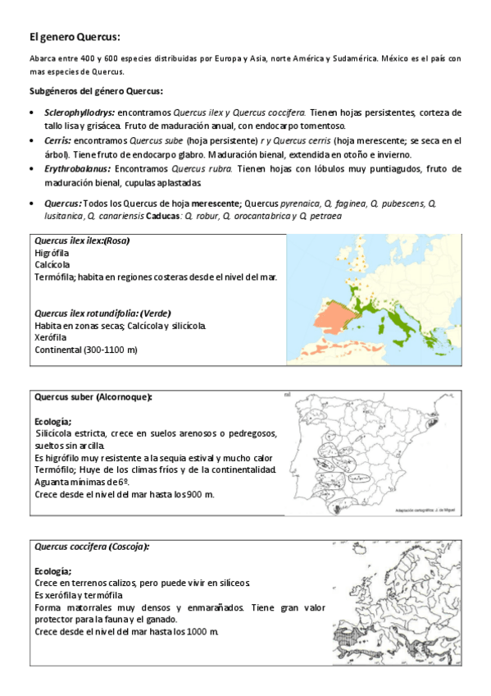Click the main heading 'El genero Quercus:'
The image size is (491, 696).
(75, 36)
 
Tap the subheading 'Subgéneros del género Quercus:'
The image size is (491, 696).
(96, 91)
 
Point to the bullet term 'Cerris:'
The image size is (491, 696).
(51, 140)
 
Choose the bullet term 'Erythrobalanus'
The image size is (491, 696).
(76, 168)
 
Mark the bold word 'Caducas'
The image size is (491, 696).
(163, 216)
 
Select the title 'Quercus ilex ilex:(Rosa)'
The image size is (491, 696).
(82, 240)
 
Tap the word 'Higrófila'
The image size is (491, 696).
(54, 253)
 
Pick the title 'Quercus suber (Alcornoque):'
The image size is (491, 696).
(93, 397)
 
